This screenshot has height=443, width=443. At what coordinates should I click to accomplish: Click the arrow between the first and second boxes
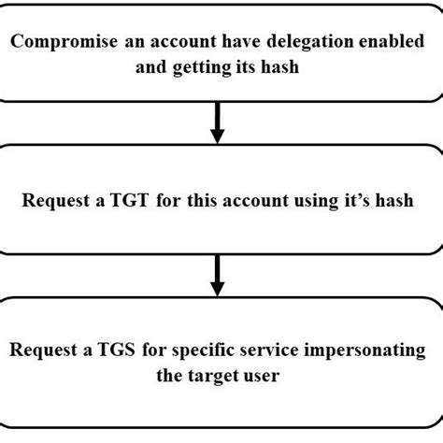[218, 122]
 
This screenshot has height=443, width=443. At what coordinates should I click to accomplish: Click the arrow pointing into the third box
[218, 274]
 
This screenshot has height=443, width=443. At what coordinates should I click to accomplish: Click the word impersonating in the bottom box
[368, 350]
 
